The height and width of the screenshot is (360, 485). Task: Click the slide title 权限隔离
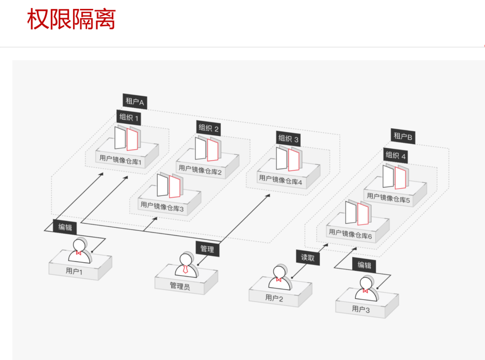[71, 19]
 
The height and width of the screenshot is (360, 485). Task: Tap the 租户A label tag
[135, 101]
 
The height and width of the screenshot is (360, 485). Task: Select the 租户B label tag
[403, 136]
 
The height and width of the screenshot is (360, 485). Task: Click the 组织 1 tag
[129, 117]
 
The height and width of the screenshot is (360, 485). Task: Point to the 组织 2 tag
[209, 128]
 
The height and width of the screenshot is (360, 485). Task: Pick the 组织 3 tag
[288, 139]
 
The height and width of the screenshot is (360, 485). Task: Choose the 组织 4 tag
[396, 156]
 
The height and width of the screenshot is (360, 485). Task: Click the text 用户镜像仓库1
[120, 160]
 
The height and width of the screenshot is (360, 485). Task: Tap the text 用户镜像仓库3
[162, 207]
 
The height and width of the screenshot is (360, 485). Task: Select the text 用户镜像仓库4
[280, 180]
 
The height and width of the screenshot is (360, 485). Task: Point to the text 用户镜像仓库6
[351, 234]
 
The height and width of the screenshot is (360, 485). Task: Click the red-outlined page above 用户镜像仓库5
[400, 178]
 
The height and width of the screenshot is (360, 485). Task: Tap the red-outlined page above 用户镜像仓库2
[212, 150]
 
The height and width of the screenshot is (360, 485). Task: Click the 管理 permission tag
[207, 249]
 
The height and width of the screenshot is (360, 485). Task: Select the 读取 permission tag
[308, 258]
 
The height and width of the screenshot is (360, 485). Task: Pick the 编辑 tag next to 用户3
[364, 265]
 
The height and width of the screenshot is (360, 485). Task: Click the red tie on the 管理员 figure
[185, 269]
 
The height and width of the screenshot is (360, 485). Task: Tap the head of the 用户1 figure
[79, 245]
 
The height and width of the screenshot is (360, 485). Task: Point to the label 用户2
[274, 298]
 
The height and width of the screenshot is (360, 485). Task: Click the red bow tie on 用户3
[365, 291]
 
